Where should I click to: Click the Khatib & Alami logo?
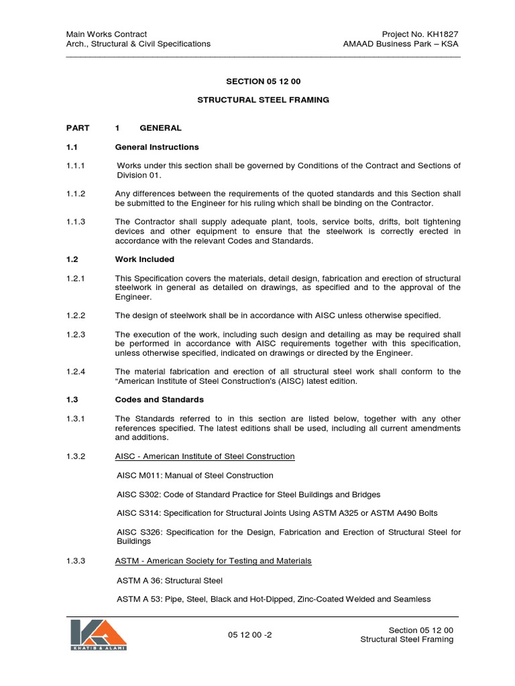click(x=98, y=634)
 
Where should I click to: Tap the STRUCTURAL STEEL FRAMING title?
click(x=263, y=100)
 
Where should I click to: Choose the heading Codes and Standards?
click(x=159, y=400)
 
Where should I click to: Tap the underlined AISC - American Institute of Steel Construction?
click(x=205, y=456)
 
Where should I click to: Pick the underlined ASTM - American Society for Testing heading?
click(x=213, y=561)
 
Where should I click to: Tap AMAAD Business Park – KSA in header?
click(x=401, y=44)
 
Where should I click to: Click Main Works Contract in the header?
click(x=106, y=34)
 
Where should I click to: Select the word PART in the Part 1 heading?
click(x=77, y=128)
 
